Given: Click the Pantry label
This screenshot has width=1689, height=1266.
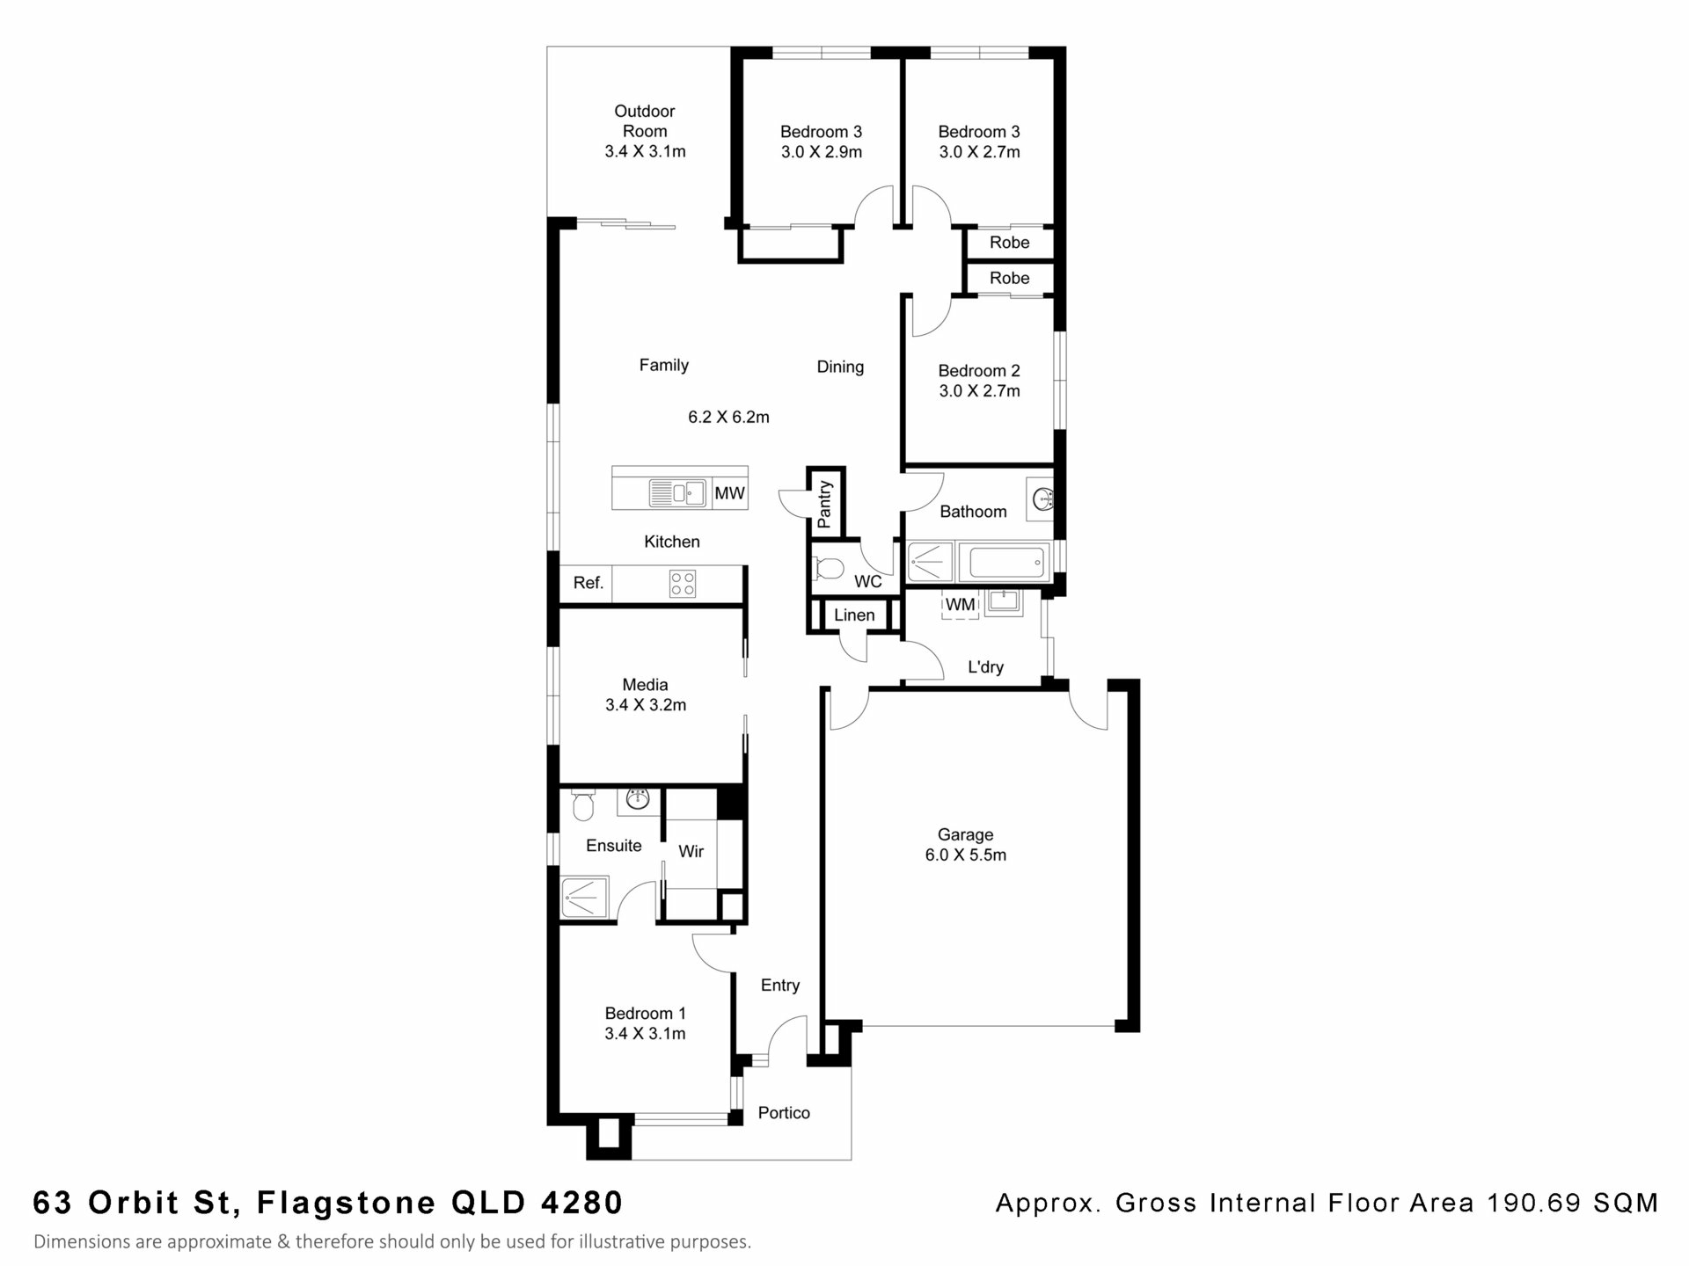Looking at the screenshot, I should [x=824, y=504].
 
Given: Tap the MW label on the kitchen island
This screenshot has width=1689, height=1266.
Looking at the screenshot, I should [x=729, y=493].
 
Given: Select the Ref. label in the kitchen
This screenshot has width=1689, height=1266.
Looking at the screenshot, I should [x=588, y=583].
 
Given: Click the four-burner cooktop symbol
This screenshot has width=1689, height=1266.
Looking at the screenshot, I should [x=683, y=584].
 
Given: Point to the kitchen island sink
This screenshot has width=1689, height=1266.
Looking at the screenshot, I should [x=676, y=492].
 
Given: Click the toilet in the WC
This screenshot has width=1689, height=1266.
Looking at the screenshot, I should [x=829, y=569].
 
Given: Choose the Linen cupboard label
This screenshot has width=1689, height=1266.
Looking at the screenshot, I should [x=854, y=615].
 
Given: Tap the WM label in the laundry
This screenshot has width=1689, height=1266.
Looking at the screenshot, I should [x=960, y=605].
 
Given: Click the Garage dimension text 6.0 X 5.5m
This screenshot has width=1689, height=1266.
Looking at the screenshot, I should [x=965, y=855].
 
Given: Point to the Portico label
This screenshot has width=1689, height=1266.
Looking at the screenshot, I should [x=784, y=1113].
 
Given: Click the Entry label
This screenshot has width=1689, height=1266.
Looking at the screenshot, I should [x=780, y=986].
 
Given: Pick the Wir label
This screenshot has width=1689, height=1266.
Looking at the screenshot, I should [x=691, y=851].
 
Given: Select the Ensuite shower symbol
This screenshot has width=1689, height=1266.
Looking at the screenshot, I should [x=584, y=898].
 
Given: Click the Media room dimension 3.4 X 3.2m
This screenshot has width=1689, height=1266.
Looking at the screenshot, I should [x=645, y=705].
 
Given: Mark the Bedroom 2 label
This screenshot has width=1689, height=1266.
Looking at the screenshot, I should [x=978, y=371].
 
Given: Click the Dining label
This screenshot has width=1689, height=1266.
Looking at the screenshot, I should [x=840, y=367].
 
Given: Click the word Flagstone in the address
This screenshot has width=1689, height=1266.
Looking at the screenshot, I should [x=346, y=1202].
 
